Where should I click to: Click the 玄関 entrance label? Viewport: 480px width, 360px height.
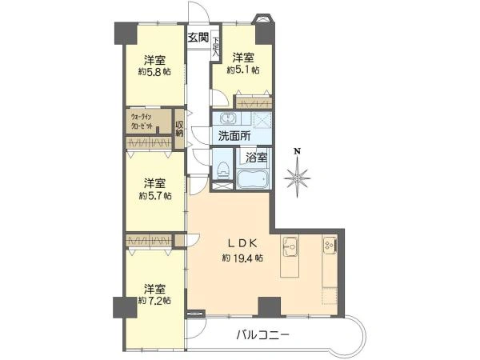[198, 37]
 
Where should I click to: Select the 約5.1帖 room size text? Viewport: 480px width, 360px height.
[242, 70]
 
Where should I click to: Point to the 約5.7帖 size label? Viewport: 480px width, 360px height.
[154, 195]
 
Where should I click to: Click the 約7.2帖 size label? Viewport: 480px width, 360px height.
[154, 301]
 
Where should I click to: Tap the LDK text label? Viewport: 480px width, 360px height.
[242, 242]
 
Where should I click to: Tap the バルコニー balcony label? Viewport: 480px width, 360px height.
[262, 334]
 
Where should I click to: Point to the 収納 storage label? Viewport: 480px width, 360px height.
[180, 128]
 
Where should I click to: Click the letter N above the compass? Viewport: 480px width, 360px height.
[296, 150]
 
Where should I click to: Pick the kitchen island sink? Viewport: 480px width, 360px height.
[290, 249]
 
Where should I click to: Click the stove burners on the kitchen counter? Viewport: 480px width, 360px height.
[329, 245]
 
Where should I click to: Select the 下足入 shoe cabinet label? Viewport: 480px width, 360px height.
[216, 44]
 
